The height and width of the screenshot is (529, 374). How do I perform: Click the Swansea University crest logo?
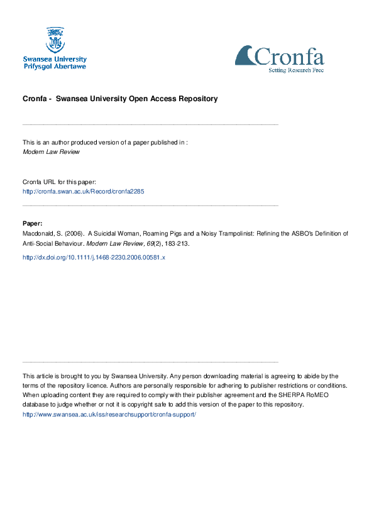(55, 39)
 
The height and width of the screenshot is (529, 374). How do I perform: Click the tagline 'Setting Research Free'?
(297, 70)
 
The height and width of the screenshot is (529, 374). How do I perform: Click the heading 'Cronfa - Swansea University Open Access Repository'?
(120, 99)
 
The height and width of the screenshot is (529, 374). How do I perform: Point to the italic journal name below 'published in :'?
(51, 151)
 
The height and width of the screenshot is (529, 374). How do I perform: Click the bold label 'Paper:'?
(33, 223)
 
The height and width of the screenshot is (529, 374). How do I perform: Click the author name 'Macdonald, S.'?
(42, 233)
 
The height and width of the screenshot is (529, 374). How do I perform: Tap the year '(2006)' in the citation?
(73, 233)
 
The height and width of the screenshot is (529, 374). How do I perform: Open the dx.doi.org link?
(93, 258)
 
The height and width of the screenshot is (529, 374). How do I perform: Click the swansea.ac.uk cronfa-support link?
(109, 415)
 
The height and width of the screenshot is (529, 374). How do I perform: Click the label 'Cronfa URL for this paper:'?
(58, 182)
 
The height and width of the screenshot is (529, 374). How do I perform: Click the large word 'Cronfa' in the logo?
(289, 57)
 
